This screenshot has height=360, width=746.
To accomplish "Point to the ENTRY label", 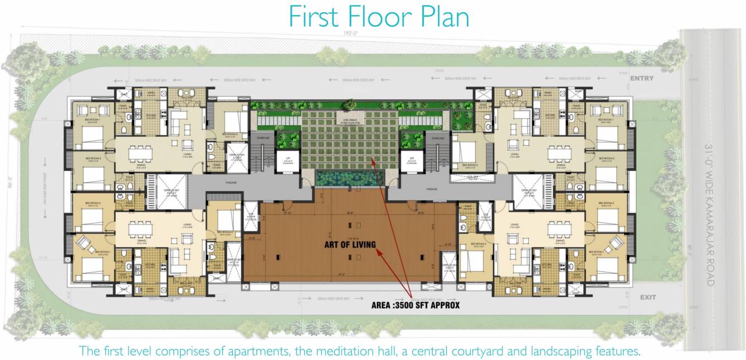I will [641, 79].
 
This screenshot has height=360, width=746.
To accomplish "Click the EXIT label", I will [648, 297].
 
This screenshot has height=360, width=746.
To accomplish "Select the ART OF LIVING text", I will [350, 244].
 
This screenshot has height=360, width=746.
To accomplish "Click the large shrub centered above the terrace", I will [351, 104].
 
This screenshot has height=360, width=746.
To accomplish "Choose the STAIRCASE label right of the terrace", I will [438, 138].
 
